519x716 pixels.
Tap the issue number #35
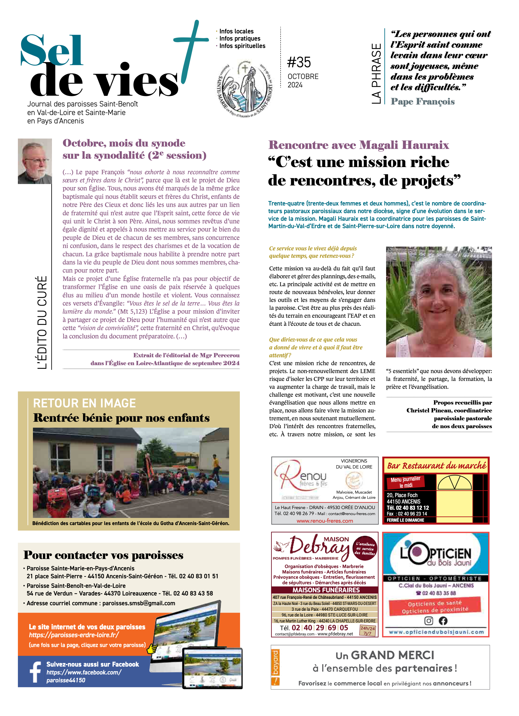(299, 62)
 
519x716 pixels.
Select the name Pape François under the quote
(422, 101)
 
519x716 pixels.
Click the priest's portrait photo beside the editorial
(35, 161)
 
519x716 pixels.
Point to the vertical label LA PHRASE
(376, 74)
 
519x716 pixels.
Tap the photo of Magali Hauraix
(439, 302)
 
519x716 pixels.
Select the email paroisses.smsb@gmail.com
(139, 603)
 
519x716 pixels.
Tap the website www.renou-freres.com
(325, 521)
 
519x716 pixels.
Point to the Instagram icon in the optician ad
(428, 621)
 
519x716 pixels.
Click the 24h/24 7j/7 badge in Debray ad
(367, 631)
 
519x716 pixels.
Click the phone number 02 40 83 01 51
(199, 576)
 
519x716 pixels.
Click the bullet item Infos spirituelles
(242, 46)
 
